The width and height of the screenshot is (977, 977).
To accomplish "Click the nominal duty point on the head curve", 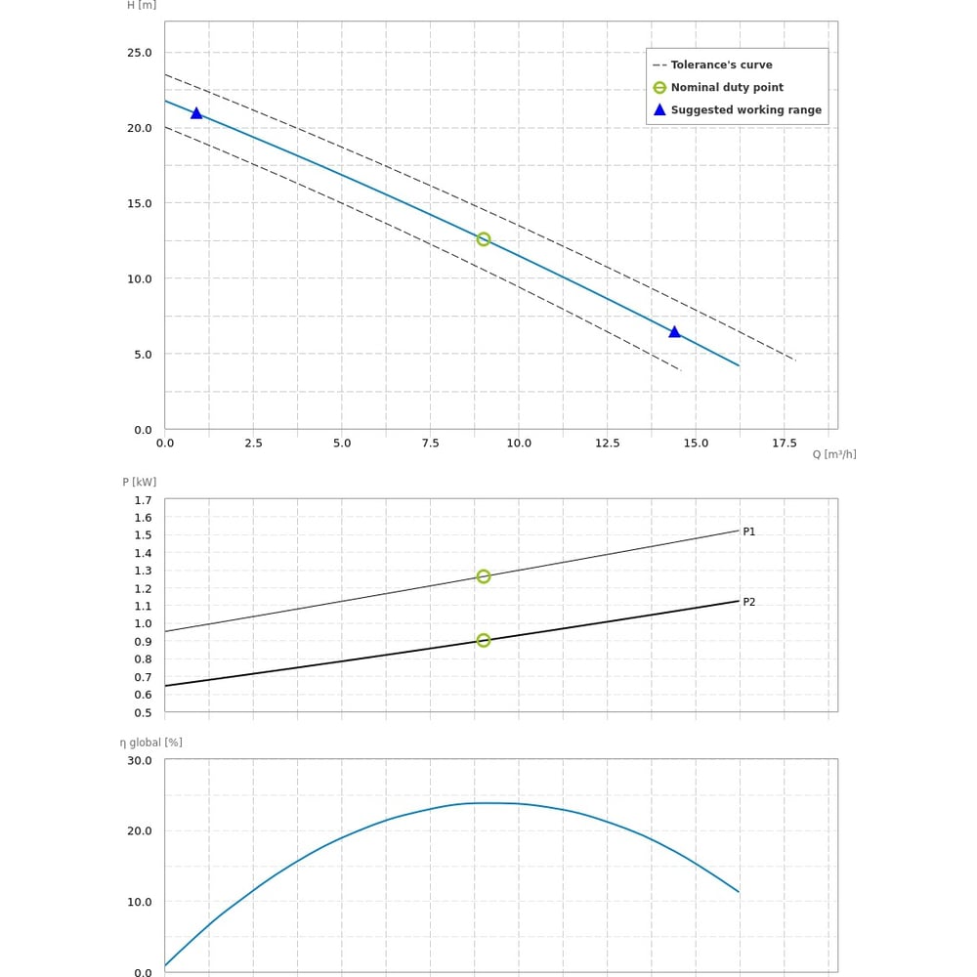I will pos(484,239).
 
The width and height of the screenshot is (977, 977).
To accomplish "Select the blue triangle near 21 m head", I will pos(196,113).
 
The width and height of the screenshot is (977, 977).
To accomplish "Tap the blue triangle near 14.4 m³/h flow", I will pos(674,332).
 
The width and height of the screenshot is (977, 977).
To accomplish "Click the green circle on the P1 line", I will pos(484,576).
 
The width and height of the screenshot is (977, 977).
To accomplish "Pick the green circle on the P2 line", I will pos(484,641).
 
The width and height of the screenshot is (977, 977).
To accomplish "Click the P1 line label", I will pos(749,531).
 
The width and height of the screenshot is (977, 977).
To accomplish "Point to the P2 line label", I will pos(749,602).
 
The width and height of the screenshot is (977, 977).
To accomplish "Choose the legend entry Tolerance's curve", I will pos(721,65).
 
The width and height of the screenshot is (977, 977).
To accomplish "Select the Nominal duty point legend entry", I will pos(727,88).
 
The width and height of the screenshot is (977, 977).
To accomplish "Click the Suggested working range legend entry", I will pos(745,110).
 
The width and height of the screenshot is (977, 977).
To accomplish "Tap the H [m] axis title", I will pos(142,5).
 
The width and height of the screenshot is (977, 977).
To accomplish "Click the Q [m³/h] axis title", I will pos(834,454).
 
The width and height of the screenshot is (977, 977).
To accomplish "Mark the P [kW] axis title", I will pos(140,482).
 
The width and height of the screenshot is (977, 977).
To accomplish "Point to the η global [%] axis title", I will pos(151,743).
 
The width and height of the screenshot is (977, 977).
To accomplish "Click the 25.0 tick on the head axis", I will pos(140,53).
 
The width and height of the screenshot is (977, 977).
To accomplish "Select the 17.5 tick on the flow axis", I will pos(785,444).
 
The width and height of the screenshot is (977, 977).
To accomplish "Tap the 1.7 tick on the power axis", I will pos(144,500).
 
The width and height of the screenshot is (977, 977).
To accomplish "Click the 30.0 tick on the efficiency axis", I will pos(140,761).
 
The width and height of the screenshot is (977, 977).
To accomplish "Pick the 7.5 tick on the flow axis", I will pos(430,444).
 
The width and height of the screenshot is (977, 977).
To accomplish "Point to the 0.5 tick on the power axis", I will pos(144,712).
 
